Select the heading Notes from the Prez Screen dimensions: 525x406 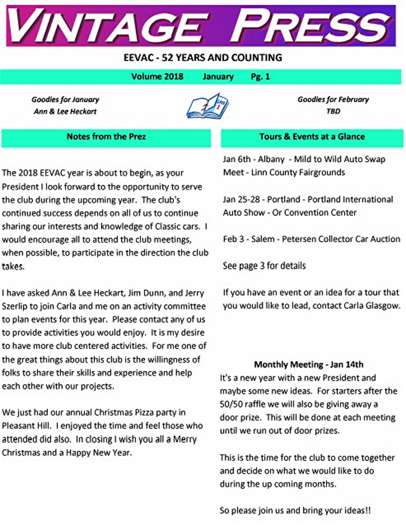(x=106, y=137)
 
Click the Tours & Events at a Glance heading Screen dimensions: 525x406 (x=312, y=137)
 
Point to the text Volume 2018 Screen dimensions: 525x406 (x=157, y=77)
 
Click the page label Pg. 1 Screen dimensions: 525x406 (x=260, y=77)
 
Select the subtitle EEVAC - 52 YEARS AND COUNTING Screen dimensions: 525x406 (x=203, y=58)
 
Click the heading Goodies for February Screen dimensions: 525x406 (x=333, y=100)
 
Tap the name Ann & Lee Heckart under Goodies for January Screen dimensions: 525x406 (x=65, y=111)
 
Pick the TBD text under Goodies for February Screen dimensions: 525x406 (x=333, y=111)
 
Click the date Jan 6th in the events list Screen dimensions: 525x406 (x=237, y=160)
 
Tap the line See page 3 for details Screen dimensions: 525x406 (x=264, y=266)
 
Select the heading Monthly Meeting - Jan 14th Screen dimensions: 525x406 (x=309, y=365)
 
